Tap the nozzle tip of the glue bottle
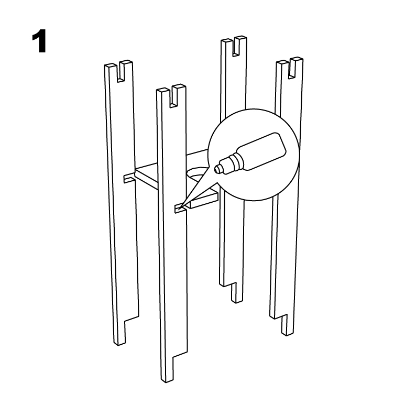coord(217,169)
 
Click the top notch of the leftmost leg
coord(121,72)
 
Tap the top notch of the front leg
coord(173,97)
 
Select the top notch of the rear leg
coord(236,47)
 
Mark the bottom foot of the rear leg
coord(237,293)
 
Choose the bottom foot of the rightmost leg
coord(287,325)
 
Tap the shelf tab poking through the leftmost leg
coord(129,178)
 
